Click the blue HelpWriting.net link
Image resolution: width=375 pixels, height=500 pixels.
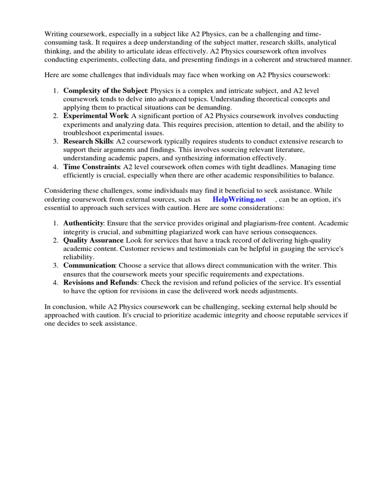point(239,200)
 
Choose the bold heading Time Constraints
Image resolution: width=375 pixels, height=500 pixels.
point(92,167)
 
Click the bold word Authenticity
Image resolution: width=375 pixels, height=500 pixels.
point(83,223)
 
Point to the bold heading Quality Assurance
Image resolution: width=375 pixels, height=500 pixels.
point(93,240)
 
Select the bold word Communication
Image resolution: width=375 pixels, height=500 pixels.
point(89,266)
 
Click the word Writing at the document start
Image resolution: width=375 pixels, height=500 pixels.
point(57,34)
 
